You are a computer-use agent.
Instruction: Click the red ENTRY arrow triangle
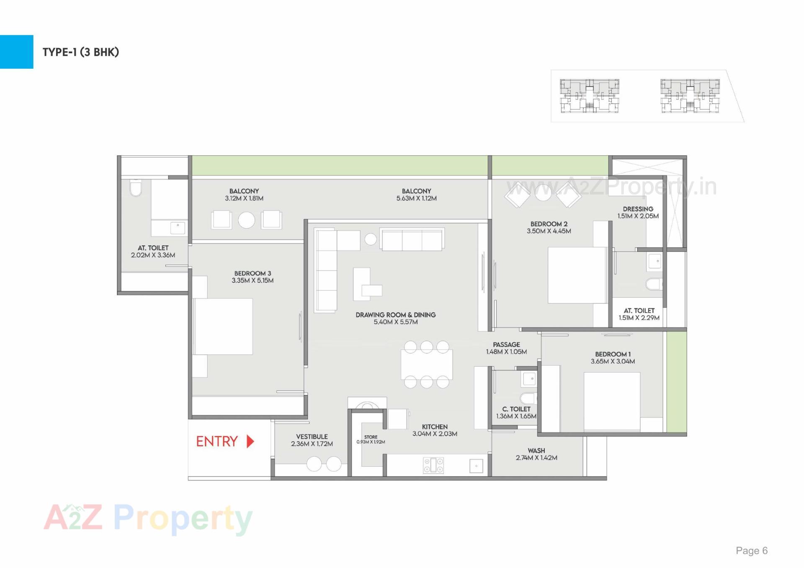[x=250, y=441]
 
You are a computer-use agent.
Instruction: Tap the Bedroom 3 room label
[x=253, y=273]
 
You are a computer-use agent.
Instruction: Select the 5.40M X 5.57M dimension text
[x=395, y=322]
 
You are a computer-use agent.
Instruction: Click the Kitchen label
[x=435, y=427]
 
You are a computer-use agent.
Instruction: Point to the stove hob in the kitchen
[x=433, y=465]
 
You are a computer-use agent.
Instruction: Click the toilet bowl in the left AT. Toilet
[x=135, y=188]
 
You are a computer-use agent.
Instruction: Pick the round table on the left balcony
[x=246, y=220]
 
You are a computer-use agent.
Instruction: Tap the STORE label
[x=371, y=437]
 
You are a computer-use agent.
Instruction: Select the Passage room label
[x=506, y=344]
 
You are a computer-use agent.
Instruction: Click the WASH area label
[x=536, y=450]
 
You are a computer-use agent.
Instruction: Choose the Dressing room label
[x=638, y=209]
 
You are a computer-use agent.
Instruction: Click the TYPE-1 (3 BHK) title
[x=81, y=52]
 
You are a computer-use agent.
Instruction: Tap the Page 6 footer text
[x=752, y=550]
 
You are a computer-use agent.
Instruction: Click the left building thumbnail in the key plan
[x=589, y=96]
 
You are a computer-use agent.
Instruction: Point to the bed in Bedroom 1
[x=612, y=401]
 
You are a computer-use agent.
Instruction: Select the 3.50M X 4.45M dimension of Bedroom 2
[x=549, y=231]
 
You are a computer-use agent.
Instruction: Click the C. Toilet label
[x=516, y=409]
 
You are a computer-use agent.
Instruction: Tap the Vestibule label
[x=312, y=437]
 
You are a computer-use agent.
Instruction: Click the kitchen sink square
[x=476, y=465]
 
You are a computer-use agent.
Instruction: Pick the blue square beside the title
[x=16, y=51]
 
